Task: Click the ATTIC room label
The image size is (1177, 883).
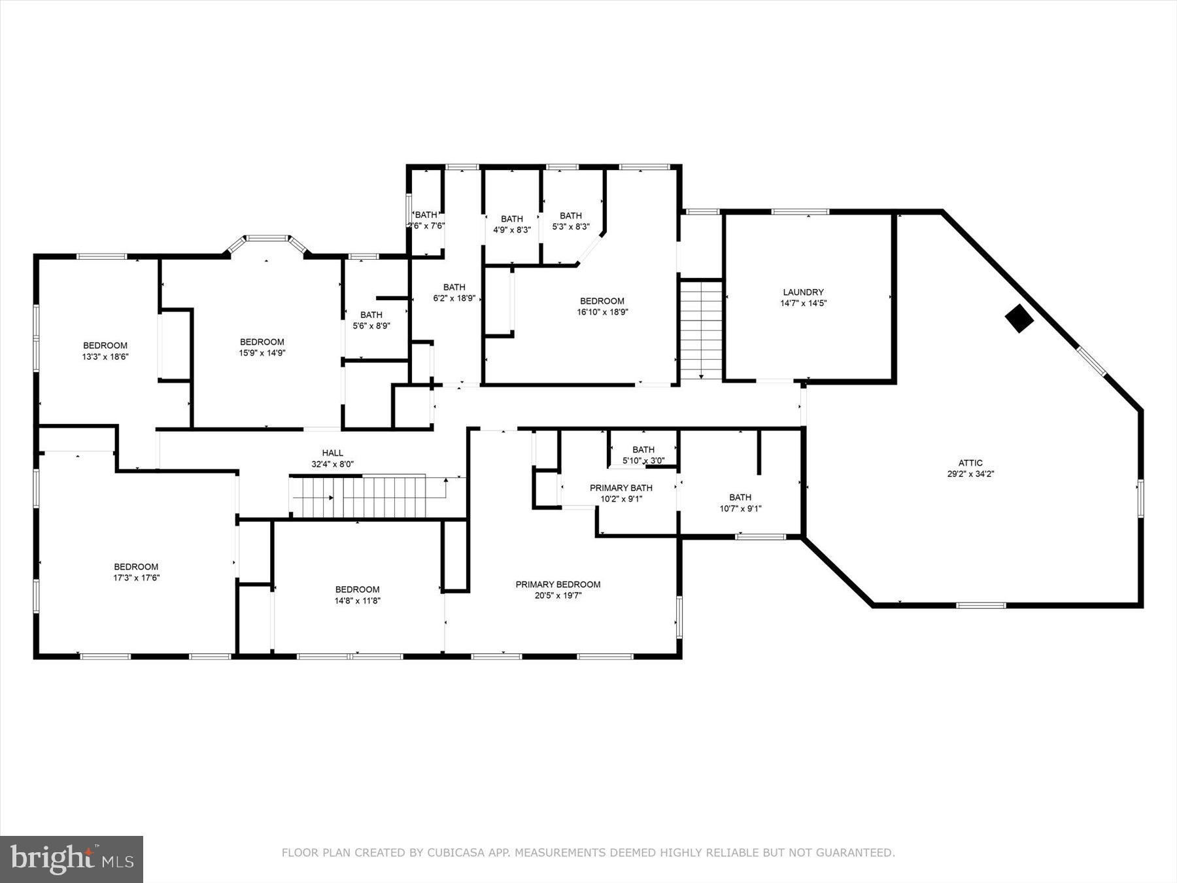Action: (970, 462)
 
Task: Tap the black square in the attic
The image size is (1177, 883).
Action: (1019, 319)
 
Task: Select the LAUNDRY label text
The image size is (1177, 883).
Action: (803, 292)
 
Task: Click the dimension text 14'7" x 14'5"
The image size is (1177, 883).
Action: (803, 303)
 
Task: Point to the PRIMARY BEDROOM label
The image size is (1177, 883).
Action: (558, 584)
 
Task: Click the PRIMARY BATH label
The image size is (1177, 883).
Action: (621, 487)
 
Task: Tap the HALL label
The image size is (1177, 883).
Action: (332, 453)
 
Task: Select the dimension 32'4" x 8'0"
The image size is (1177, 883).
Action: (332, 464)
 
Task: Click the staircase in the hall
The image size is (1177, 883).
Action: (366, 496)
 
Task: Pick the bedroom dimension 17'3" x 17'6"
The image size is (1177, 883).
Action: (136, 578)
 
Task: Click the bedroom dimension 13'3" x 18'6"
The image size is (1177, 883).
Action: (105, 356)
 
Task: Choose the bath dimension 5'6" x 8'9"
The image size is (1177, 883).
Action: (371, 326)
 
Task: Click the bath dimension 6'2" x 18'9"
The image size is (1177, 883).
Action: (454, 298)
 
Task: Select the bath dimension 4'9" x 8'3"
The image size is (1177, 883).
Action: (511, 230)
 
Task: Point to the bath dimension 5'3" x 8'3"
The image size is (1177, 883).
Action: (571, 226)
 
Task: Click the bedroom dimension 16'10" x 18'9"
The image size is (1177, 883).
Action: (602, 312)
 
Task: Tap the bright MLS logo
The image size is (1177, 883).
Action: (71, 858)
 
